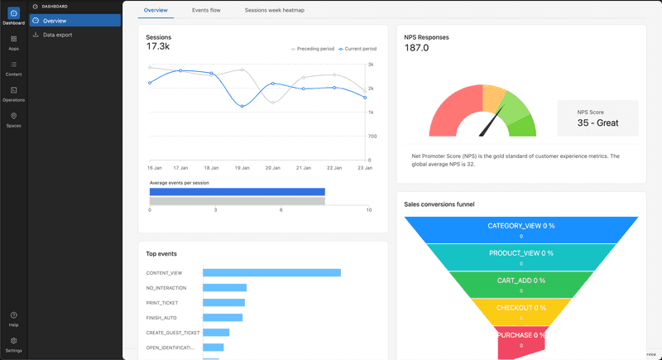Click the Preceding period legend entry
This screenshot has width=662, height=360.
click(314, 49)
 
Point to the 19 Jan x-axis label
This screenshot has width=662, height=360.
click(242, 167)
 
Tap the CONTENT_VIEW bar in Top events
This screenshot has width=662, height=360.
click(271, 272)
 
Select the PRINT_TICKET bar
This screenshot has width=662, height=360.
click(223, 302)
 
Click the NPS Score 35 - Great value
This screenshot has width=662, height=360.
click(597, 122)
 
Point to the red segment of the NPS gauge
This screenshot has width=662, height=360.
click(451, 116)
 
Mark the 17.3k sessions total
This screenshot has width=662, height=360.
click(158, 46)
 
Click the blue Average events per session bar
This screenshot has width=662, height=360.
click(237, 191)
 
